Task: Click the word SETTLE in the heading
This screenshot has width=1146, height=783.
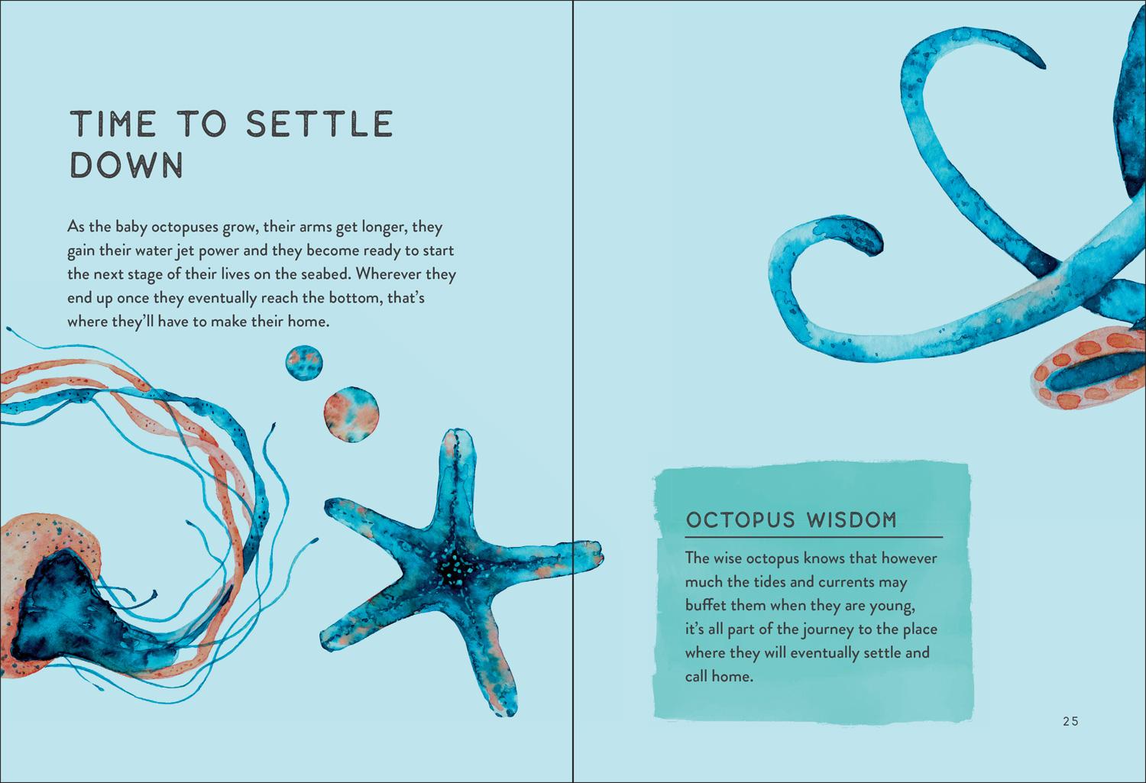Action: (319, 124)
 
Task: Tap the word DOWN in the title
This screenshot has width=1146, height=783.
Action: (126, 165)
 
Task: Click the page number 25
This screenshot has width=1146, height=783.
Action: (1071, 721)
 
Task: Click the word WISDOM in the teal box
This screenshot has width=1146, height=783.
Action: (852, 520)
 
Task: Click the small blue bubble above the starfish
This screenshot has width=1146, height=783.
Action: (304, 363)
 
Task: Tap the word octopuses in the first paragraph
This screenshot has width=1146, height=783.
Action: (185, 228)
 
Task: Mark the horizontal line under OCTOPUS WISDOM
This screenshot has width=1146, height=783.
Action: (814, 538)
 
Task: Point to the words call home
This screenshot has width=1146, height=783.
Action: (719, 676)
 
